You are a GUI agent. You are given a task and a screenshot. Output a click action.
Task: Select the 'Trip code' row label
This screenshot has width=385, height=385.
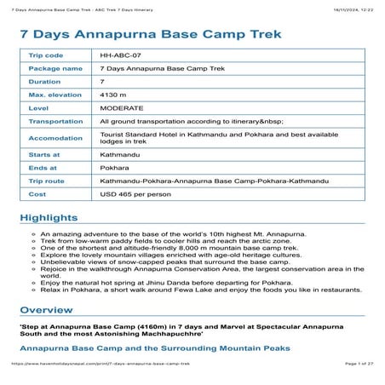tap(46, 55)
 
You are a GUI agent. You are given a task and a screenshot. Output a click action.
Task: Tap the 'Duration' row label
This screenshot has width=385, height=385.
tap(45, 81)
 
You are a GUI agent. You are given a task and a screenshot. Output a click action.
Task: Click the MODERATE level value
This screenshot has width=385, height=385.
tap(121, 108)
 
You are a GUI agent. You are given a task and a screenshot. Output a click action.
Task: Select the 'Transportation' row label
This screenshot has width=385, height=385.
tap(55, 122)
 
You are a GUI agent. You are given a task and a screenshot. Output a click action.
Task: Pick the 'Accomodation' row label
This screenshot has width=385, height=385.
tap(54, 138)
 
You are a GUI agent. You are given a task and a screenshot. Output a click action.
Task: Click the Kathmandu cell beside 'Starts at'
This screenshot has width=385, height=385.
tap(119, 155)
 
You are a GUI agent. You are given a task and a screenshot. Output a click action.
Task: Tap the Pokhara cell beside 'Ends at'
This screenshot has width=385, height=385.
tap(115, 169)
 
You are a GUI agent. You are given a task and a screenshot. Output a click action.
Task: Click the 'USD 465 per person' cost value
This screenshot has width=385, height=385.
tap(136, 195)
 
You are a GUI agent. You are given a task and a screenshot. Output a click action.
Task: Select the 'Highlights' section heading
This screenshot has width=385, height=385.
tap(49, 218)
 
